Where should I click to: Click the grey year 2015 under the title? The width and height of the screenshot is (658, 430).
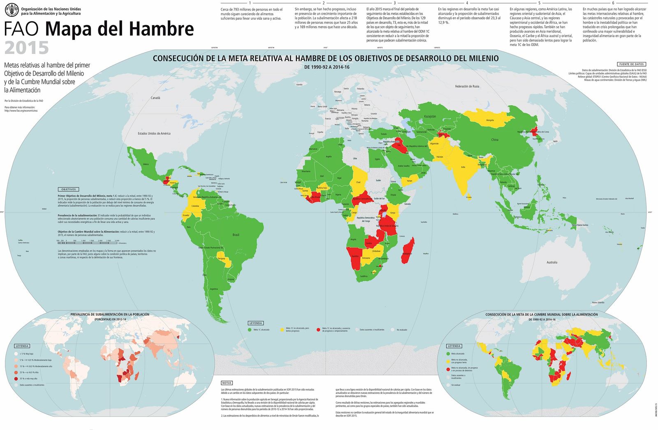tap(27, 48)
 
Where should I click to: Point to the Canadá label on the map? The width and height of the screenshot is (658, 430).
tap(155, 98)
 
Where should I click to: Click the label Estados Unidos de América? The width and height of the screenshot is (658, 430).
tap(154, 133)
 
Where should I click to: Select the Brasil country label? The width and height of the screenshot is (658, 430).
tap(236, 235)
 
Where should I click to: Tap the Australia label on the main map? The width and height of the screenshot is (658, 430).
tap(552, 262)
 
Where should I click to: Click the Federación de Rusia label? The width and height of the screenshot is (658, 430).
tap(467, 86)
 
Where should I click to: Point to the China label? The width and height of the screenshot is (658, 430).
tap(495, 140)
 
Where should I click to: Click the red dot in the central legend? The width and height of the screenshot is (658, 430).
tap(318, 329)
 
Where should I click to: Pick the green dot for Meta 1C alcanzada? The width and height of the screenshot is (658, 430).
tap(249, 329)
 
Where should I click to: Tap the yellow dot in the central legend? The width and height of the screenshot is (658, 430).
tap(282, 329)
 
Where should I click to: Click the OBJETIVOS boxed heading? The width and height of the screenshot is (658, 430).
tap(69, 190)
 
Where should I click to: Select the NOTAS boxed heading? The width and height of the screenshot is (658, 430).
tap(227, 383)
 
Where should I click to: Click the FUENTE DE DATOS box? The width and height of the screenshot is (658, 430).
tap(631, 64)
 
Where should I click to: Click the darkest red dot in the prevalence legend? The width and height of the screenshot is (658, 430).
tap(16, 379)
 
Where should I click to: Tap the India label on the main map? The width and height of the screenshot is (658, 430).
tap(463, 167)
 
